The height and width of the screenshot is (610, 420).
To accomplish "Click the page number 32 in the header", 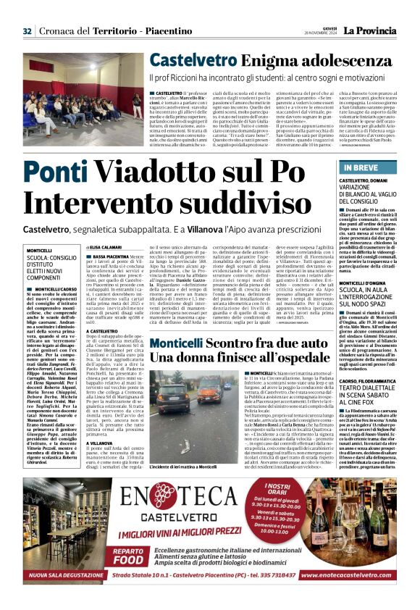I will point(28,30).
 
